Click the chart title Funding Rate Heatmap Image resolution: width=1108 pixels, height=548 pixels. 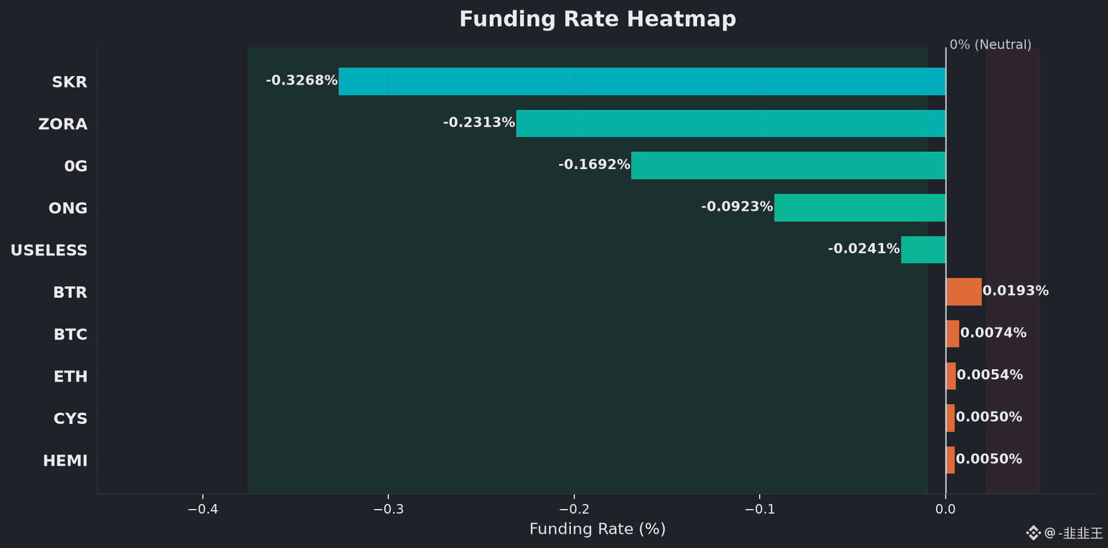597,19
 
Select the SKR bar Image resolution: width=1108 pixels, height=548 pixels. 642,81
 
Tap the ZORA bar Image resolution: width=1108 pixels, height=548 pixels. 731,123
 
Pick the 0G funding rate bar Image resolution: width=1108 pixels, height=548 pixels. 788,165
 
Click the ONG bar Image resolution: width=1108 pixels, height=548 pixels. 860,207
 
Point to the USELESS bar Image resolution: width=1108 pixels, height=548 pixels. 923,250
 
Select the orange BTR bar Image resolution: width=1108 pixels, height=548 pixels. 964,291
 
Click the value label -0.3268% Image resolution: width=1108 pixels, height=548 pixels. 302,81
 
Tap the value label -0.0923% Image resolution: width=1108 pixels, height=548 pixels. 737,207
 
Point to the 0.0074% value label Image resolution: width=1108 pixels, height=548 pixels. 993,333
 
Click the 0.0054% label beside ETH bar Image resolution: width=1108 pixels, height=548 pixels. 990,375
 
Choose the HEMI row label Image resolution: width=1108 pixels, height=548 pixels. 65,461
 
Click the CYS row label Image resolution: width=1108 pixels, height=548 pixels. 70,419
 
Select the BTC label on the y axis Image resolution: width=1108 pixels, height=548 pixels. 70,335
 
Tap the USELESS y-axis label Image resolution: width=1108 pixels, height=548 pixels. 49,250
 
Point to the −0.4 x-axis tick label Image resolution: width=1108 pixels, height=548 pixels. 203,510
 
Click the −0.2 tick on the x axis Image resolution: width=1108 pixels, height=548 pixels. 574,510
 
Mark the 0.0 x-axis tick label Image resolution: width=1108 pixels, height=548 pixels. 946,510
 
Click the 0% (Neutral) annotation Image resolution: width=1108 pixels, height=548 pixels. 990,45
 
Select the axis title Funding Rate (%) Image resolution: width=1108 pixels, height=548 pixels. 597,529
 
